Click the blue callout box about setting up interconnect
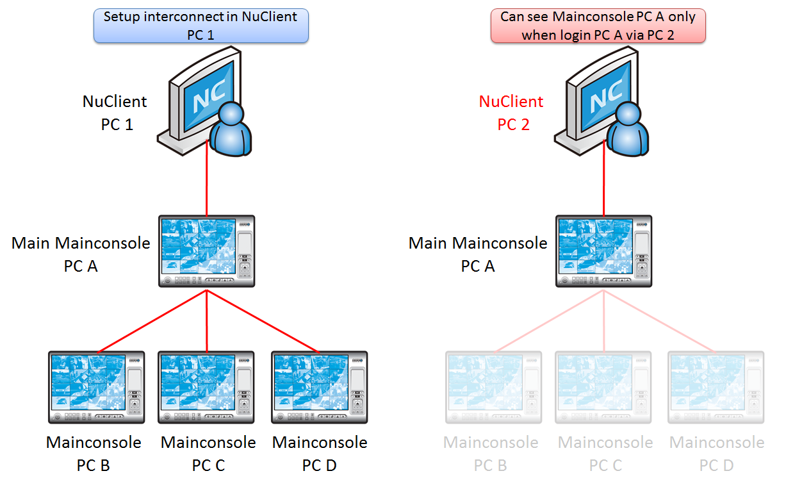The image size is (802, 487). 201,26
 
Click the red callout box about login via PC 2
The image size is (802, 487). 598,26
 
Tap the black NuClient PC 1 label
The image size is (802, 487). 115,113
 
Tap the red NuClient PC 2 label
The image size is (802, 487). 512,113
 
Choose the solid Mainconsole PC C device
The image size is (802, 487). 206,387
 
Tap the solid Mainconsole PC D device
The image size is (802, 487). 319,387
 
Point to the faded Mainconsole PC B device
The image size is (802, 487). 494,387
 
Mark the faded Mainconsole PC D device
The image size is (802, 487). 716,387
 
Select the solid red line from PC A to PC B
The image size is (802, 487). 152,321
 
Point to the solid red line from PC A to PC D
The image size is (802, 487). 263,320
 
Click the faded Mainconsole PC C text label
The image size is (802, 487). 605,454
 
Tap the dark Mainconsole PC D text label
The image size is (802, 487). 320,454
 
